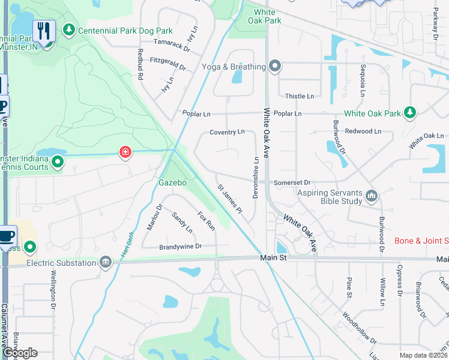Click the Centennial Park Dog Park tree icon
pos(70,30)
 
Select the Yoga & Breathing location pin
pos(276,66)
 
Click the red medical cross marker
pos(125,152)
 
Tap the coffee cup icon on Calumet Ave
pos(7,235)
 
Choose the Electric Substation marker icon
pos(106,262)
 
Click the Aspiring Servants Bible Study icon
pos(372,196)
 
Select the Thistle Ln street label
pos(300,96)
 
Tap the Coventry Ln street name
pos(227,132)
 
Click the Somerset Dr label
pos(292,182)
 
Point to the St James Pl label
pos(229,200)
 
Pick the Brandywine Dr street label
pos(180,247)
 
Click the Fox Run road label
pos(206,221)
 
